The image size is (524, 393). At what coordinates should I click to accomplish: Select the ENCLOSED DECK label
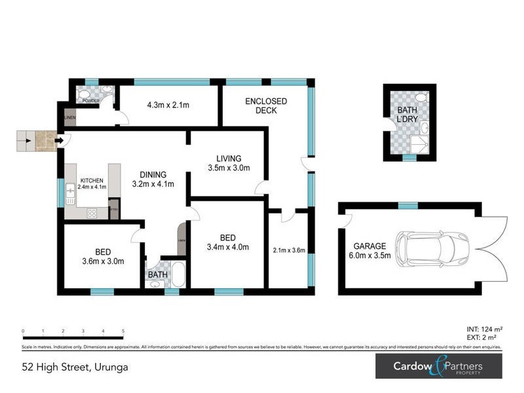(266, 105)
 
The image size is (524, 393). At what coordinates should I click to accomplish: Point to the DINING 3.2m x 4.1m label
(153, 179)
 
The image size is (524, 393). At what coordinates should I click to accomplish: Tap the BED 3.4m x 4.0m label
(224, 242)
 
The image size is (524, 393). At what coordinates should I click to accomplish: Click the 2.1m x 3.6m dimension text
(288, 250)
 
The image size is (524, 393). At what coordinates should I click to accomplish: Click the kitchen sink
(70, 192)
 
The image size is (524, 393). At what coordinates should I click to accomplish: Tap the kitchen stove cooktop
(91, 212)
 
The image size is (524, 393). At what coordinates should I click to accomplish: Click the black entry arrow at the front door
(60, 140)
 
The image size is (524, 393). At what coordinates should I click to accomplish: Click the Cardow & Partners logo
(438, 366)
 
